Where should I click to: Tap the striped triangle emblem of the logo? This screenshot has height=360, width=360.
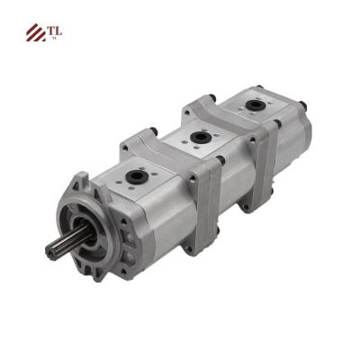(36, 33)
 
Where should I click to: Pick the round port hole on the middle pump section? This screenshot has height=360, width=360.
(196, 137)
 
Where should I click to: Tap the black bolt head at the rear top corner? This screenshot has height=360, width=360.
(258, 88)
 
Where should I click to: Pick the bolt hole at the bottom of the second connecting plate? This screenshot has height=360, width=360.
(245, 205)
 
